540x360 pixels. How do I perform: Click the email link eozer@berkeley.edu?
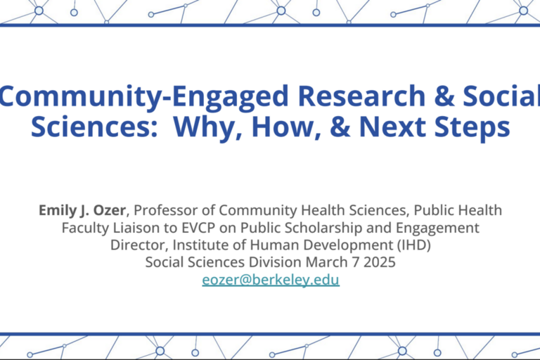[271, 280]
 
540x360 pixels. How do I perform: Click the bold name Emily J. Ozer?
[82, 210]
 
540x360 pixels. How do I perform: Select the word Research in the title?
[364, 96]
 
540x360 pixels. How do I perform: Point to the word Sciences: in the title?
[94, 127]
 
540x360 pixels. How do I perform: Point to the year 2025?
[380, 262]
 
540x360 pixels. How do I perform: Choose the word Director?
[139, 245]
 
